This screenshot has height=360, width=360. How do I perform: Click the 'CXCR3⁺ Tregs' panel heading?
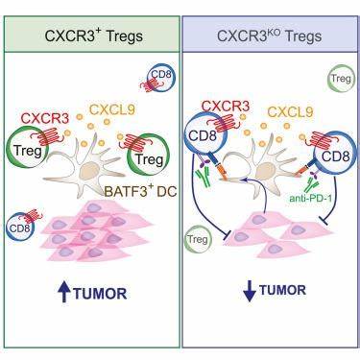94,36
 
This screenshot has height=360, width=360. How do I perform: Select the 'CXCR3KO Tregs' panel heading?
270,36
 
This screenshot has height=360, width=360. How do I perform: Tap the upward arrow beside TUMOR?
64,294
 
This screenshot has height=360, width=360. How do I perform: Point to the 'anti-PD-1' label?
310,199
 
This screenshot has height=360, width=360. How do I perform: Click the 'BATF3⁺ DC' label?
141,192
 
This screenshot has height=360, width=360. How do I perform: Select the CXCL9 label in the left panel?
112,109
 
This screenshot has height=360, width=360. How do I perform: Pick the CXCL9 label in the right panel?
290,112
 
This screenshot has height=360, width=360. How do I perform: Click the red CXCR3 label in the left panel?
45,119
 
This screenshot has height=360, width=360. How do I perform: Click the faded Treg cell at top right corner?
341,79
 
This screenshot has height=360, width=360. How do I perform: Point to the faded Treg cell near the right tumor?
198,238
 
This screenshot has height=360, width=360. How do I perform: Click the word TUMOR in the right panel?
283,290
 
